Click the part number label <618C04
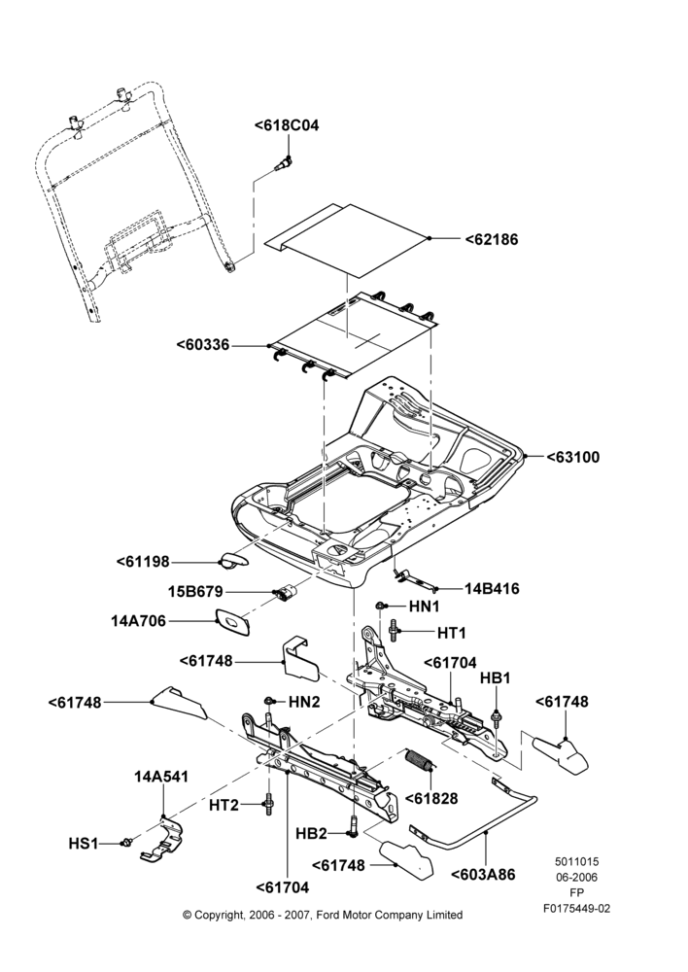pos(287,125)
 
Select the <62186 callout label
pos(492,239)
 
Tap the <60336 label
pos(203,345)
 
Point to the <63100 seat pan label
pos(573,458)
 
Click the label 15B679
pos(195,592)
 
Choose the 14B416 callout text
pos(492,589)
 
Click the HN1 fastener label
pos(424,606)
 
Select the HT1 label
pos(451,633)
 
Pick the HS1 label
pos(83,844)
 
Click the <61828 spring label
pos(431,798)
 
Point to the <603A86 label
pos(483,875)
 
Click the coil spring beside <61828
pos(420,761)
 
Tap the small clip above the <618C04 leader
pos(284,163)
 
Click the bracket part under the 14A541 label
pos(162,839)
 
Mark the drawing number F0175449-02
pos(576,909)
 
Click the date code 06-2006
pos(576,877)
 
